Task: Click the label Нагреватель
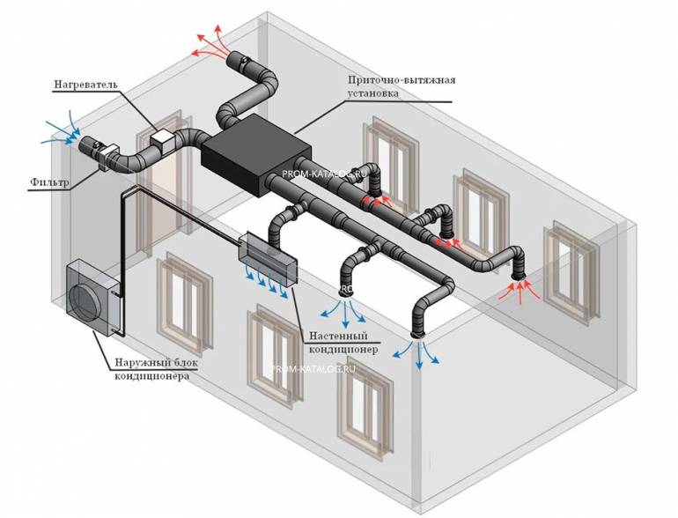tap(85, 84)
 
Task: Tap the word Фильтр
tap(49, 181)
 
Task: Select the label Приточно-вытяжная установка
tap(402, 86)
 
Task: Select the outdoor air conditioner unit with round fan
tap(92, 296)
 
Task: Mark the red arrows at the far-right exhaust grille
tap(520, 291)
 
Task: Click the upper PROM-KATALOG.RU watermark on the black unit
tap(324, 174)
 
